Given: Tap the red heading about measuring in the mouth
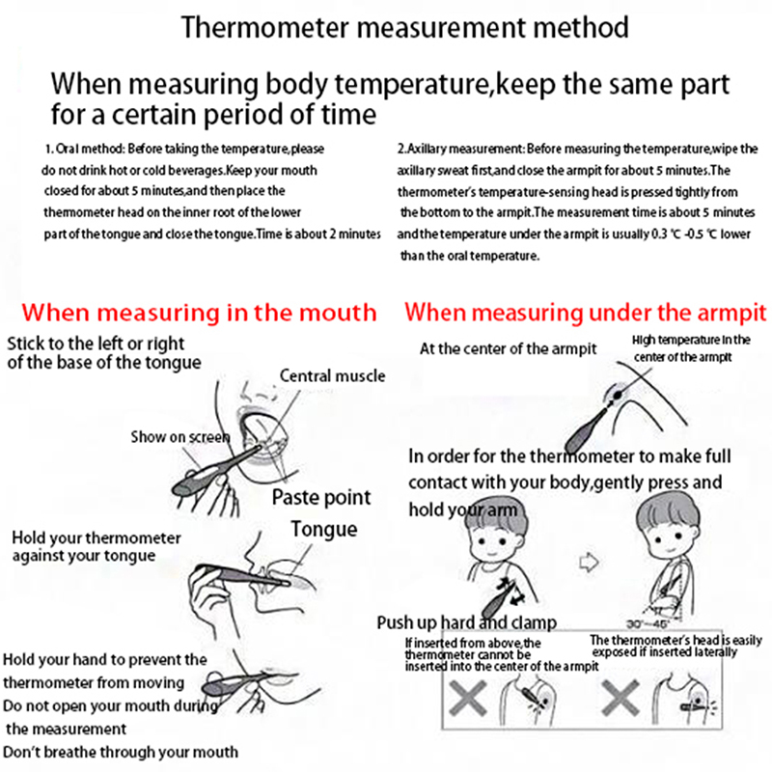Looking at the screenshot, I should click(199, 313).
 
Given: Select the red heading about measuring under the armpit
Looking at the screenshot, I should click(586, 313).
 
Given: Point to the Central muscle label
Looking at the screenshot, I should click(332, 376).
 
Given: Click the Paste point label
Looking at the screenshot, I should click(320, 498).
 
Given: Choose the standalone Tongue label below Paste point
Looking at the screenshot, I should click(324, 529).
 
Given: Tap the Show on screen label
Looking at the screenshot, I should click(180, 437).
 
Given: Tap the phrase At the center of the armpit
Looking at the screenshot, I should click(509, 348).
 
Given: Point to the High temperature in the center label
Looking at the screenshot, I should click(690, 341).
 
